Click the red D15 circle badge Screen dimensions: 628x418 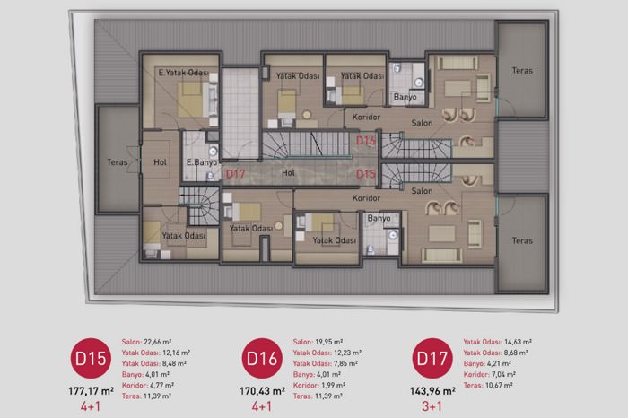coord(91,358)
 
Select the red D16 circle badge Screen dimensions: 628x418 coord(262,358)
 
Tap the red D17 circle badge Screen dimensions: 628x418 coord(432,358)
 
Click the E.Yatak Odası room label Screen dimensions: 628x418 coord(183,73)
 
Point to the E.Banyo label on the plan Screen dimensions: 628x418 coord(202,162)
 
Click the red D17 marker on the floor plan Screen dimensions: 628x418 coord(235,174)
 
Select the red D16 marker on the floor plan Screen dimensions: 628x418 coord(366,140)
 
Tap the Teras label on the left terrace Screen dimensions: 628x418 coord(118,162)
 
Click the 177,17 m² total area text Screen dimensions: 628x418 coord(91,391)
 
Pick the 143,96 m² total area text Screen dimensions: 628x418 coord(432,391)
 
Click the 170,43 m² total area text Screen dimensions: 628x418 coord(262,391)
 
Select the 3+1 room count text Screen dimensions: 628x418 coord(432,406)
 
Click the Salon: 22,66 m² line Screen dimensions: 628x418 coord(146,342)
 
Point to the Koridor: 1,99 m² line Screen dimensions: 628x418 coord(319,385)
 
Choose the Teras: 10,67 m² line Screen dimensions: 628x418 coord(488,385)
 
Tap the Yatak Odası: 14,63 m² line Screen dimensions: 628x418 coord(497,342)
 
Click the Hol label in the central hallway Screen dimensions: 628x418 coord(288,172)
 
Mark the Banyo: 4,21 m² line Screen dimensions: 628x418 coord(487,363)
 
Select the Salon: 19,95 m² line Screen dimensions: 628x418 coord(318,342)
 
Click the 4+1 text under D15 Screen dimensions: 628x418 coord(91,406)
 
